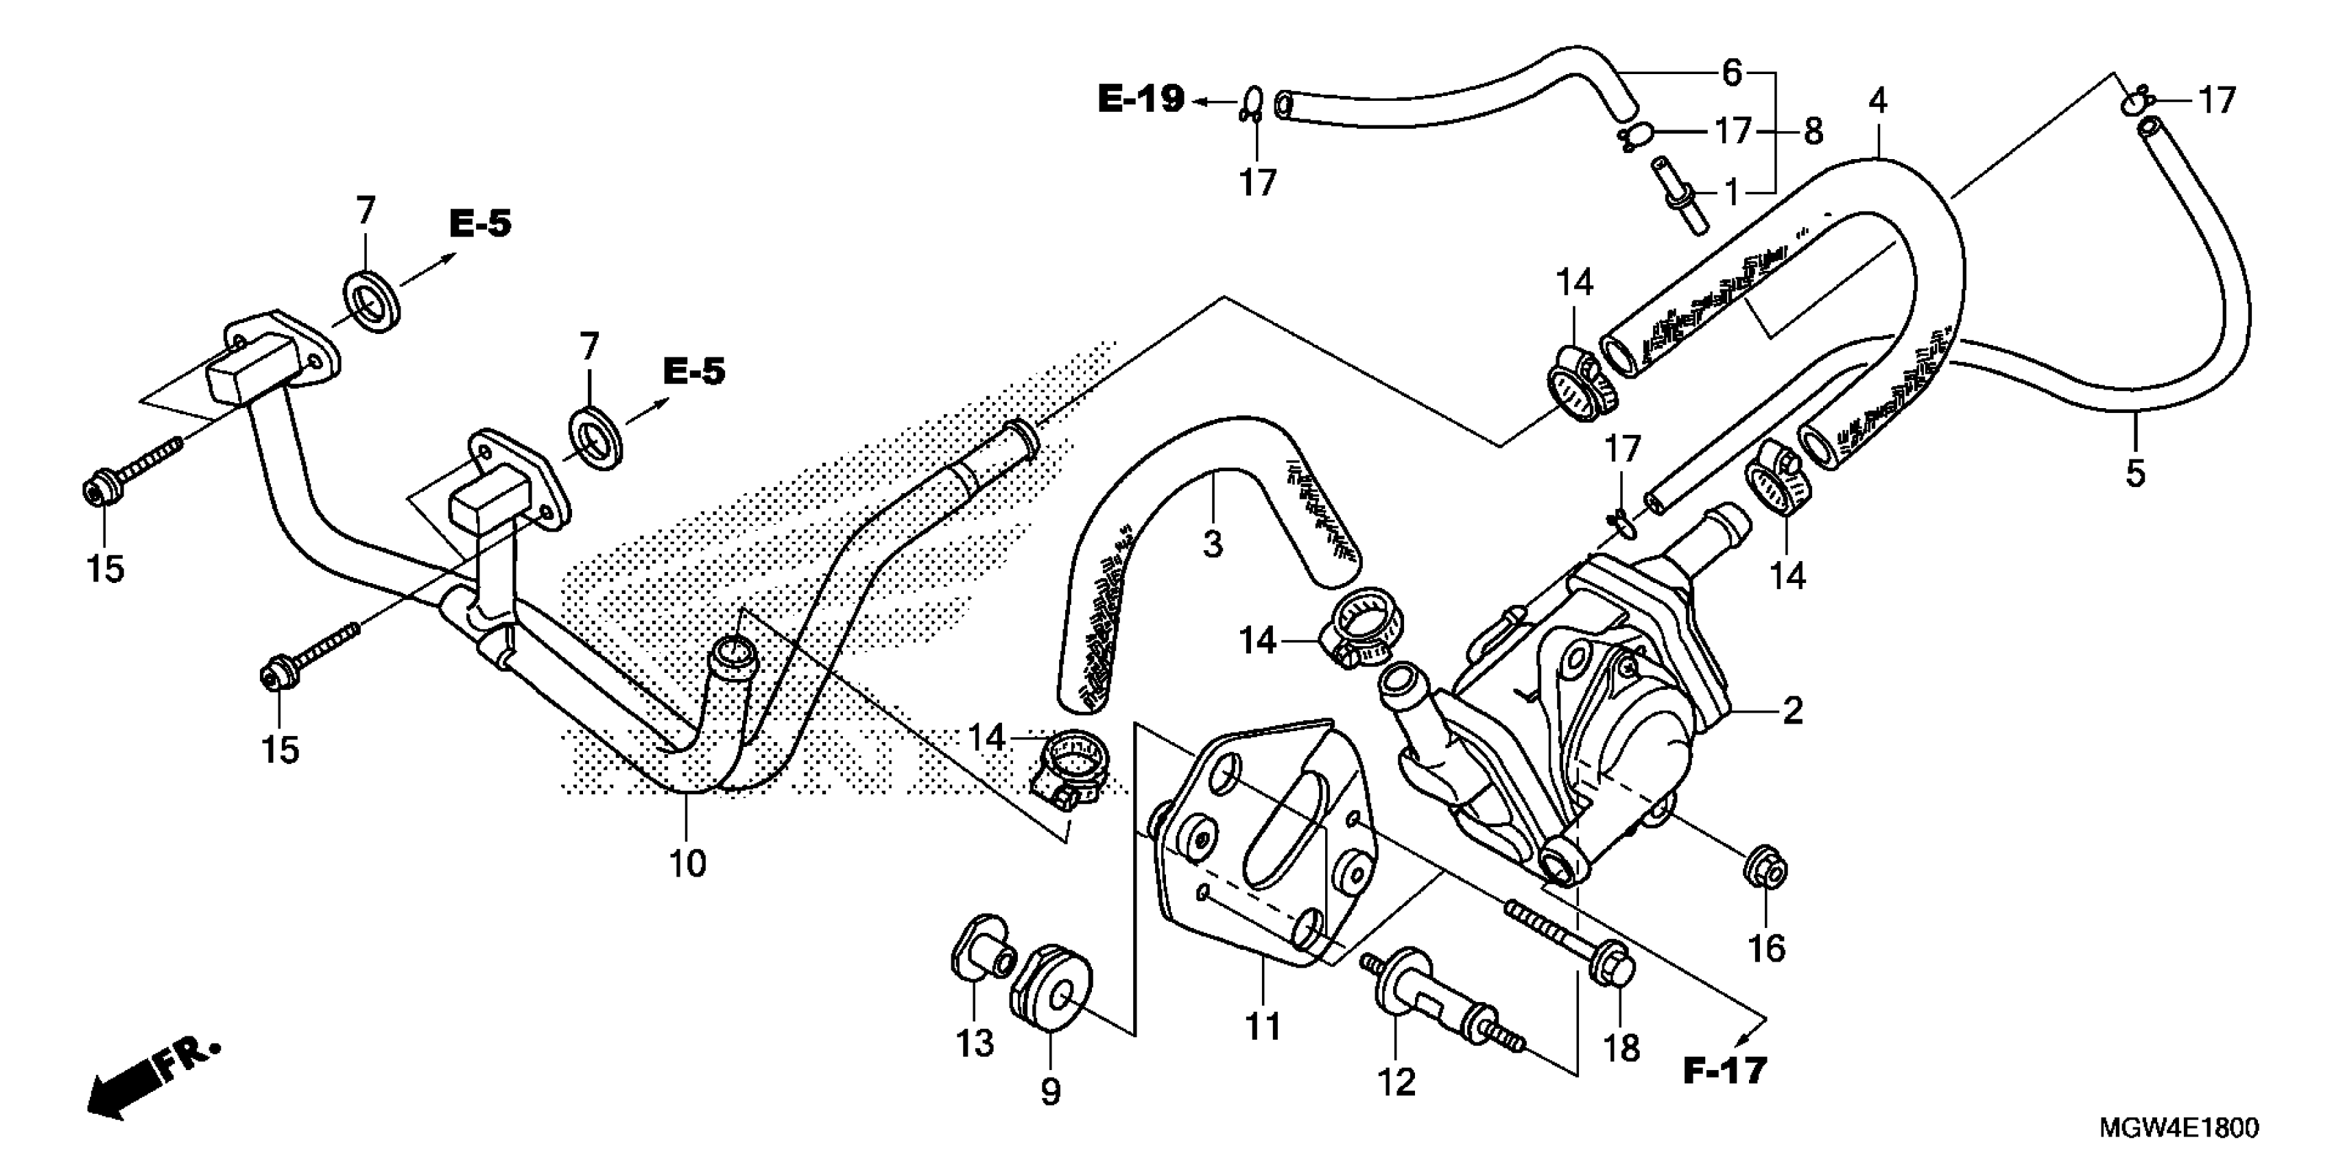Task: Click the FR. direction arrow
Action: click(x=145, y=1082)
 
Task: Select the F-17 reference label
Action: click(x=1724, y=1071)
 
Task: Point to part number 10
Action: click(x=687, y=864)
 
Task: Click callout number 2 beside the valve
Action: click(x=1792, y=711)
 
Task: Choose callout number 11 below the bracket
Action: click(x=1263, y=1027)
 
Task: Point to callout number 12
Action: click(x=1396, y=1082)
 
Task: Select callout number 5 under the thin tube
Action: click(x=2134, y=473)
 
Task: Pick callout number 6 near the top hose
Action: click(x=1731, y=73)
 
